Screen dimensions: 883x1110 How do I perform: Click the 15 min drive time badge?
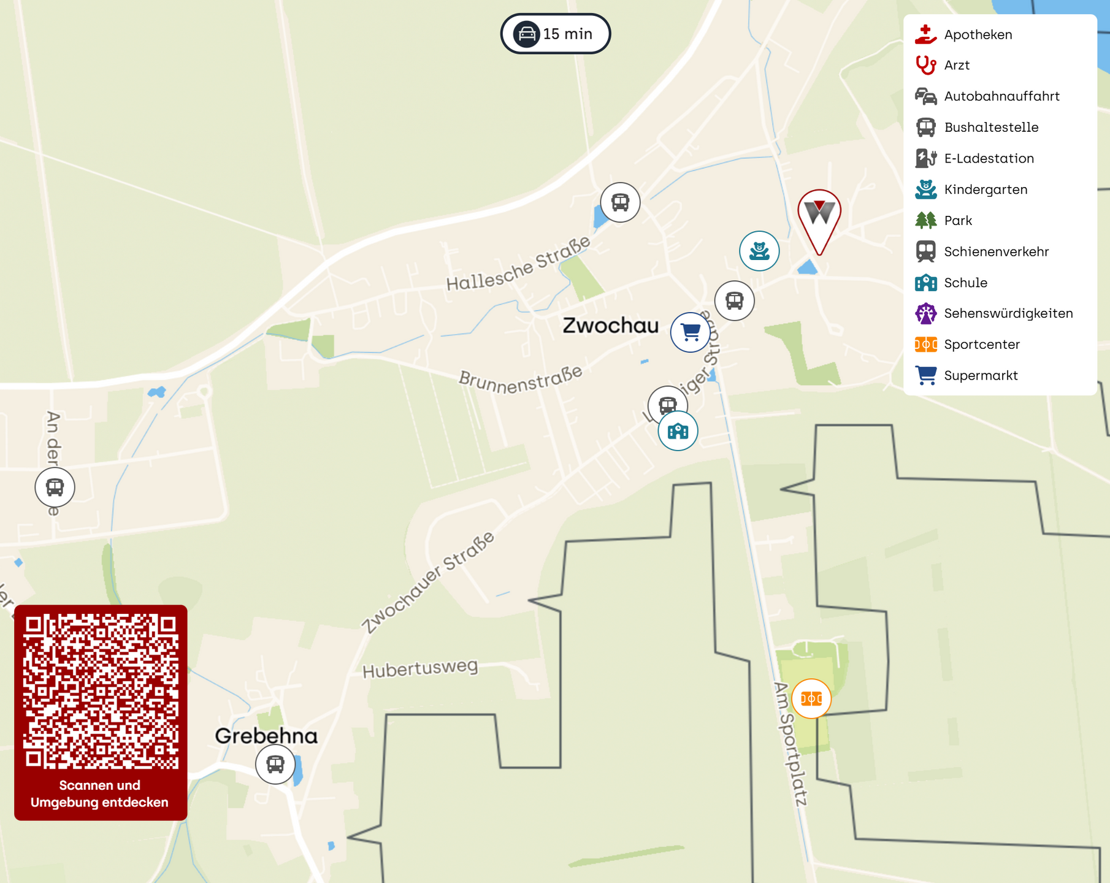[x=555, y=34]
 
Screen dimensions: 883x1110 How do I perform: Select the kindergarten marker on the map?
[x=759, y=251]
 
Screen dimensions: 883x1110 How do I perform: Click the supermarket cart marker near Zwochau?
[x=690, y=332]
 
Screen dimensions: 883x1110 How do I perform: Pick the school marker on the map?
[x=678, y=431]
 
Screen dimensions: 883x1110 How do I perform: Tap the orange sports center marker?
[x=811, y=698]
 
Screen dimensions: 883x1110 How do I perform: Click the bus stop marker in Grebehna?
[x=275, y=765]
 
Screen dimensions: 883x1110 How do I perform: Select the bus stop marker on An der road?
[x=55, y=487]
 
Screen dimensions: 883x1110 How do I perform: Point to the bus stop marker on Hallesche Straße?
[x=620, y=202]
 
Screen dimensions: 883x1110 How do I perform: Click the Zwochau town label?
[x=610, y=326]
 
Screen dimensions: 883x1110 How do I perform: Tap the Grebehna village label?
[x=266, y=736]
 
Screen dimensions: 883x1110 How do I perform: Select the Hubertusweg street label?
[x=420, y=668]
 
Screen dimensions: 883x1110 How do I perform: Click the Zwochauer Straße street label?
[x=428, y=582]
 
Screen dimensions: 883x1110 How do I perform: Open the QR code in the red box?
[x=101, y=691]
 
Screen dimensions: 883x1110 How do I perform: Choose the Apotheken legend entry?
[x=978, y=35]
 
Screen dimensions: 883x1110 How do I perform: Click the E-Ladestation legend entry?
[x=989, y=159]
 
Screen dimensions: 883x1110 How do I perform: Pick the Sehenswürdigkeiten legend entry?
[x=1008, y=314]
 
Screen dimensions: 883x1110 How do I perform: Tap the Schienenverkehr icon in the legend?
[x=925, y=251]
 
